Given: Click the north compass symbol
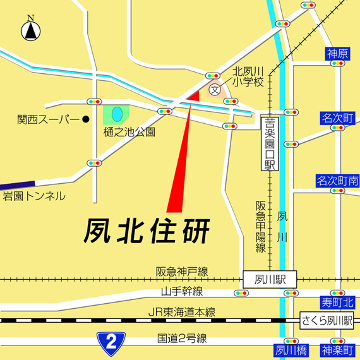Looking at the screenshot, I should tap(30, 29).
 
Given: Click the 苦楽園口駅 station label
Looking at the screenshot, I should tap(270, 146).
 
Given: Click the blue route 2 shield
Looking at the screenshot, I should tap(111, 342).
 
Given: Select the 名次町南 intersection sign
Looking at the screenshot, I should tap(337, 181).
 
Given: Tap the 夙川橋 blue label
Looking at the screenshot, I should tap(291, 349).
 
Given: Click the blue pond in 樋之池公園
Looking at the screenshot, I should tap(117, 114).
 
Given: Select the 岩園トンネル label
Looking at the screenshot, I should tap(33, 196).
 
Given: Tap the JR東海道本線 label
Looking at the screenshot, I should tap(181, 312).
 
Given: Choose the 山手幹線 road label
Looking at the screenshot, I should tap(181, 291).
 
